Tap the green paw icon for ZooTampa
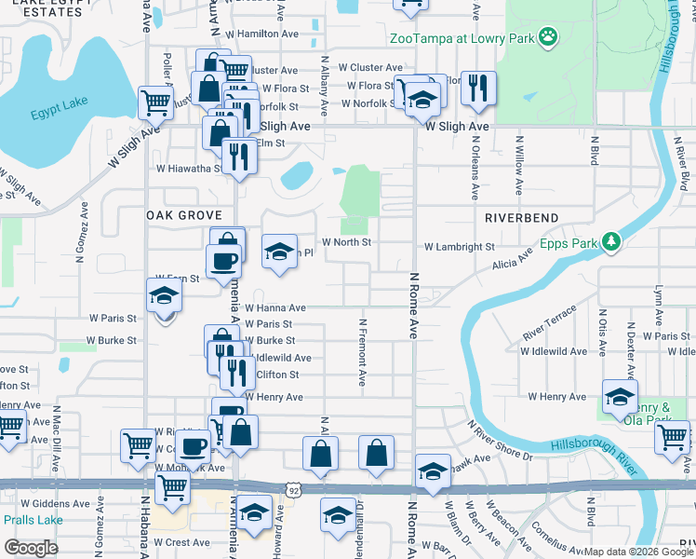pyautogui.click(x=549, y=37)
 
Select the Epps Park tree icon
pyautogui.click(x=610, y=242)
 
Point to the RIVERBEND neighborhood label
pyautogui.click(x=521, y=217)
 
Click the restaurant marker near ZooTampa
pyautogui.click(x=478, y=88)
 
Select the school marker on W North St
pyautogui.click(x=278, y=252)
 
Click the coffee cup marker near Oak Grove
pyautogui.click(x=224, y=258)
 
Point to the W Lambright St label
pyautogui.click(x=459, y=248)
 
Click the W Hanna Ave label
pyautogui.click(x=274, y=307)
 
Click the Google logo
pyautogui.click(x=31, y=548)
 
